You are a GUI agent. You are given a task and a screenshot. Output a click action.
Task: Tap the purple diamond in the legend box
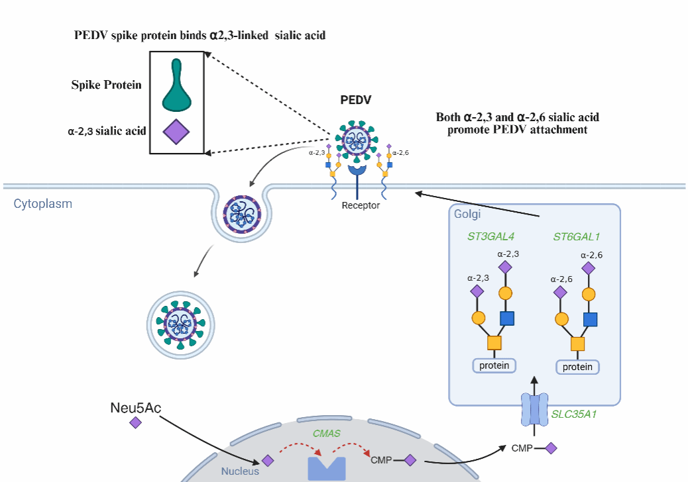point(176,132)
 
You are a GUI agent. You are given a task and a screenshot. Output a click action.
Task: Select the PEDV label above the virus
point(356,101)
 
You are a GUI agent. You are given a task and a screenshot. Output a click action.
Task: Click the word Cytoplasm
point(43,204)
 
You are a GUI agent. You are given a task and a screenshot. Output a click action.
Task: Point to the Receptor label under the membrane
point(361,205)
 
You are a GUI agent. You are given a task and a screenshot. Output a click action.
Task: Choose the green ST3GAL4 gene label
point(491,236)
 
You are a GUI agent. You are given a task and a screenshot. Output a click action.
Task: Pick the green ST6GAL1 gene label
point(577,236)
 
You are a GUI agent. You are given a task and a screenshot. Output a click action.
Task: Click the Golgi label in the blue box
point(467,215)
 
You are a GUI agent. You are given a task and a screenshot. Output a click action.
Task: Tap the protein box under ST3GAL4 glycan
point(494,365)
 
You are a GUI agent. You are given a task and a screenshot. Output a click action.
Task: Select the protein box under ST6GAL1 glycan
point(577,367)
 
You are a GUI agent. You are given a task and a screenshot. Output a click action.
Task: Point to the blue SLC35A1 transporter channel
point(534,410)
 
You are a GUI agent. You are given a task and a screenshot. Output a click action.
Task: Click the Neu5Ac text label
point(135,407)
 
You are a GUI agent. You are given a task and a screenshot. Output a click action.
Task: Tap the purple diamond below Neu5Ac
point(135,422)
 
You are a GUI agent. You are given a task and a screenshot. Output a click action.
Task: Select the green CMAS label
point(326,434)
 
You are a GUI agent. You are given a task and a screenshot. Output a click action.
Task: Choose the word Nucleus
point(240,471)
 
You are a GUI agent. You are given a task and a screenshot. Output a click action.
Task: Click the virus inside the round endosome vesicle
point(180,323)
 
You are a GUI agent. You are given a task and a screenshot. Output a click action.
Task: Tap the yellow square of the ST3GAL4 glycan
point(494,342)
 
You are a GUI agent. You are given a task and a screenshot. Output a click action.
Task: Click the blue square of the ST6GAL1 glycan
point(591,320)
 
